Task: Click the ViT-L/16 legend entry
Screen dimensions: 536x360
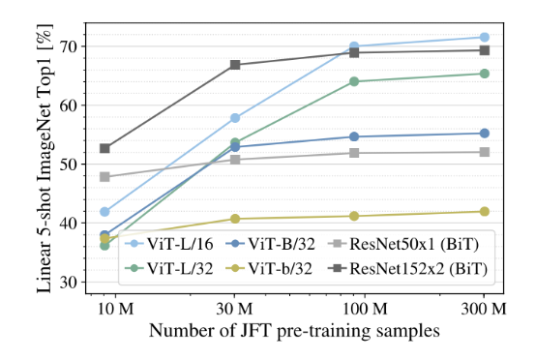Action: tap(169, 244)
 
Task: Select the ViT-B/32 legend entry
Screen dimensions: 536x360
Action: tap(270, 244)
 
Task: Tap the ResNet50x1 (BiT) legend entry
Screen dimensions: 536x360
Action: tap(403, 244)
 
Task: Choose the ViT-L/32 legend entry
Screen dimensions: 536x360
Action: tap(169, 269)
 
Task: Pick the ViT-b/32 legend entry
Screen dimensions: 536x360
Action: tap(269, 269)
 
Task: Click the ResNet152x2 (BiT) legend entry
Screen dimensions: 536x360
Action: tap(407, 269)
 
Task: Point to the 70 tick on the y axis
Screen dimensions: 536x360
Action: tap(70, 46)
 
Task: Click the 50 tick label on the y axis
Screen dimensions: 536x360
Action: tap(70, 165)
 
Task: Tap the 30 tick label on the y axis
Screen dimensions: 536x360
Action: tap(70, 282)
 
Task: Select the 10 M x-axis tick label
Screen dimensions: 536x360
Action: tap(115, 309)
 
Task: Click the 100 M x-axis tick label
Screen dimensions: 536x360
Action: tap(365, 309)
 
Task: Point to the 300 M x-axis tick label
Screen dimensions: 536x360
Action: tap(484, 309)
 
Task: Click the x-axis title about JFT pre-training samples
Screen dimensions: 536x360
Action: tap(294, 331)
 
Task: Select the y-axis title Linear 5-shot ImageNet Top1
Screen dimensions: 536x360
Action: tap(45, 159)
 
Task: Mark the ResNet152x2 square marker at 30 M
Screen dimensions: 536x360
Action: tap(235, 65)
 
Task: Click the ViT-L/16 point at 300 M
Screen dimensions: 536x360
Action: tap(485, 37)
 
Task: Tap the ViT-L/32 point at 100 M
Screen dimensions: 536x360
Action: tap(354, 81)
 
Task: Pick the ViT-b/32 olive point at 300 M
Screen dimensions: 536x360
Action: tap(485, 212)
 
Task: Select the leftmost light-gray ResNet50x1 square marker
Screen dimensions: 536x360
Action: tap(104, 177)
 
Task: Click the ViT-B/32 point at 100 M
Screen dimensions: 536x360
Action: tap(354, 136)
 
